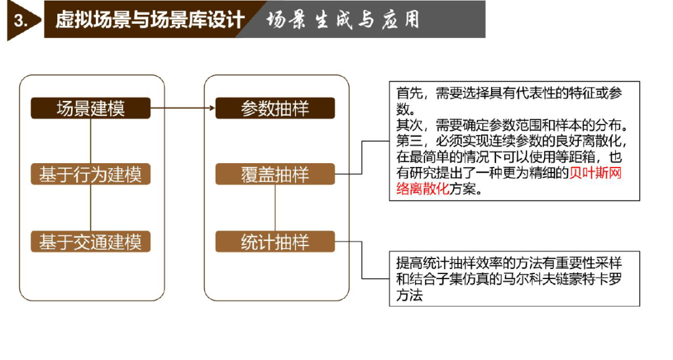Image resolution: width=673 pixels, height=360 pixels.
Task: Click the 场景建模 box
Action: click(x=90, y=108)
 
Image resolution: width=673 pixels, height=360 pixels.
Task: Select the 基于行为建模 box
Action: click(x=90, y=174)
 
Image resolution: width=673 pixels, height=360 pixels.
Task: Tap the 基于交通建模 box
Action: click(x=90, y=242)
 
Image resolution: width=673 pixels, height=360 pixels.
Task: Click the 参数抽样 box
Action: click(x=275, y=108)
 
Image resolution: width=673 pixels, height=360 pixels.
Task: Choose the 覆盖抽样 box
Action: click(x=275, y=174)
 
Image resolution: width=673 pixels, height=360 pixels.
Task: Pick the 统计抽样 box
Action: click(x=275, y=242)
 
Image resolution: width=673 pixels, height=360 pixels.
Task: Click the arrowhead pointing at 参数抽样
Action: click(x=212, y=108)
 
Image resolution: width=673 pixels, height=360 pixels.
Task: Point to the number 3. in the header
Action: click(x=20, y=20)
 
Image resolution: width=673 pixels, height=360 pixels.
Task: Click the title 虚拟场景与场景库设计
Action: click(x=150, y=20)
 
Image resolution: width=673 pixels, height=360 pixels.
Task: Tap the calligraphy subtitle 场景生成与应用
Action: click(x=342, y=20)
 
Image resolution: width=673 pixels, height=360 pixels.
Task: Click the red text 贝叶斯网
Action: click(x=595, y=173)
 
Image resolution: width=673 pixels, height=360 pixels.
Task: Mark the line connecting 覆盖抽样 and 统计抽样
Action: click(x=275, y=208)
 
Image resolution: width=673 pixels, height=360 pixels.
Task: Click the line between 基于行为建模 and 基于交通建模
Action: click(x=90, y=208)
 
